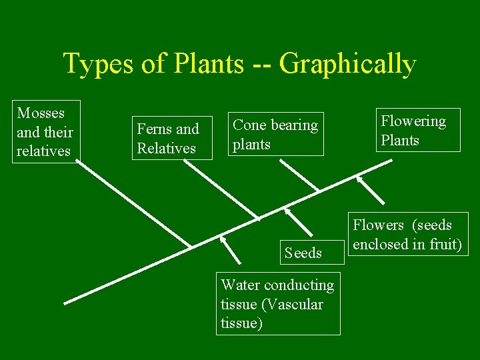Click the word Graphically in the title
pyautogui.click(x=347, y=65)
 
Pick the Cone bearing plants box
pyautogui.click(x=276, y=134)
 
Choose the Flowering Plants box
pyautogui.click(x=417, y=130)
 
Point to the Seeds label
pyautogui.click(x=303, y=253)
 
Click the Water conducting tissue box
pyautogui.click(x=279, y=303)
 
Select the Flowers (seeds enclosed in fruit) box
pyautogui.click(x=407, y=234)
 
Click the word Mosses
pyautogui.click(x=41, y=113)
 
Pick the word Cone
pyautogui.click(x=249, y=125)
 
